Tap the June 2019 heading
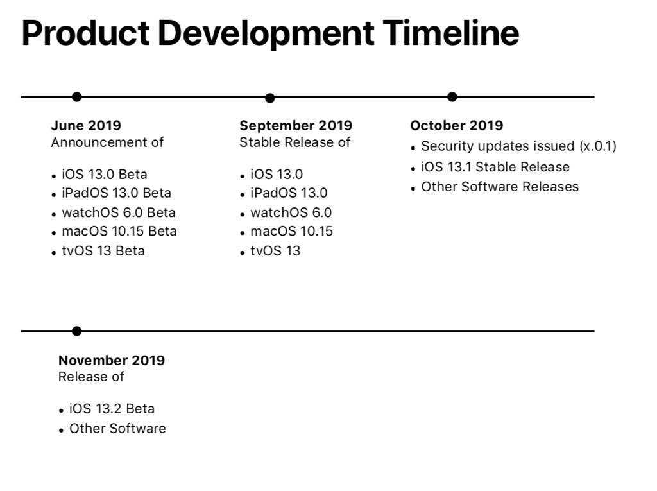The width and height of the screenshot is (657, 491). [86, 125]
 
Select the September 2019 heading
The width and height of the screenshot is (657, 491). [296, 125]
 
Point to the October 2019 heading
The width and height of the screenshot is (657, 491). [457, 125]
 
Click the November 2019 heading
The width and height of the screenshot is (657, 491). [112, 360]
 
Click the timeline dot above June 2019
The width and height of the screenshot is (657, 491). [77, 97]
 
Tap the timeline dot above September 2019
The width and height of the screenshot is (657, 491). [270, 98]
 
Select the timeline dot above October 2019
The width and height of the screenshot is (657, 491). [452, 97]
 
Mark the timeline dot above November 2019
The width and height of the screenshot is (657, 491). [77, 331]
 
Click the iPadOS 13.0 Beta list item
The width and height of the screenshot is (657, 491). [117, 193]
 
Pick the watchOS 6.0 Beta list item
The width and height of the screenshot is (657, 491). [119, 212]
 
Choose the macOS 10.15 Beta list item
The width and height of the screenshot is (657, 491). [119, 231]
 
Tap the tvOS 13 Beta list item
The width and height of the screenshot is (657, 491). [103, 251]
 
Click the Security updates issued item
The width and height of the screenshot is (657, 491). [518, 146]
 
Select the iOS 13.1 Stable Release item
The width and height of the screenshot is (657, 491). [495, 167]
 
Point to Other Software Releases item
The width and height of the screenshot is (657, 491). [500, 187]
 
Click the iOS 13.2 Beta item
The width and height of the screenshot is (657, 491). [112, 408]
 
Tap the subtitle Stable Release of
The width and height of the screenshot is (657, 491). [295, 142]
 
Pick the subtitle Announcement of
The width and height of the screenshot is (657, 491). [107, 142]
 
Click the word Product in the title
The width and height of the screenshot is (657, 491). [85, 33]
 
